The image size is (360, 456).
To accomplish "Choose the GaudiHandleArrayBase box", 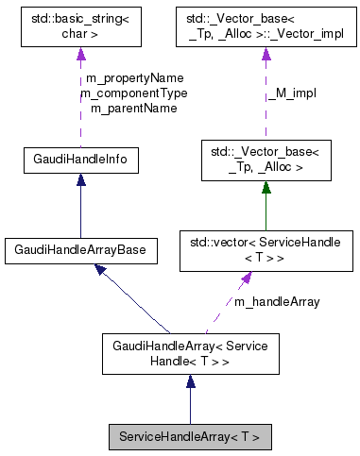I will tap(80, 250).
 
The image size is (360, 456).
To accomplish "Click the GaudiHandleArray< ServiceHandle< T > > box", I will tap(190, 353).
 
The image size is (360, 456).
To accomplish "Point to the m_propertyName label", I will tap(134, 77).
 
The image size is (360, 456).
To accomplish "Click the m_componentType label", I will tap(134, 93).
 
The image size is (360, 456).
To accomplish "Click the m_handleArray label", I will tap(277, 301).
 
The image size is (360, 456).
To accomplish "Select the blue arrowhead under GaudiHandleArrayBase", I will tap(100, 271).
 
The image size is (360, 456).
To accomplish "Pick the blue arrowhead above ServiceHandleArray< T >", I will tap(190, 381).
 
